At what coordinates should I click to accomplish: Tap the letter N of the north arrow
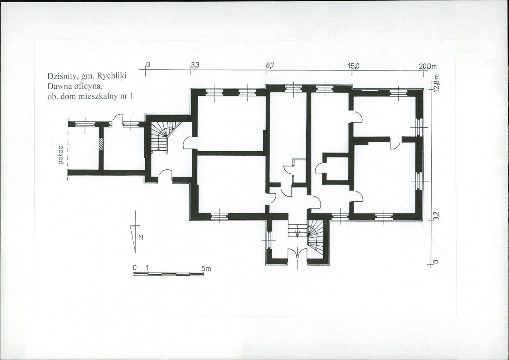pos(141,237)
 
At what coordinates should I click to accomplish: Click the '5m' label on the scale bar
pos(205,269)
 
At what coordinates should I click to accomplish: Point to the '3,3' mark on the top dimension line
pos(195,65)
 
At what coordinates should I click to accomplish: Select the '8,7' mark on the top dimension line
pos(270,65)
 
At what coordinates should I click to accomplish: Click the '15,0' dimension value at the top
pos(354,66)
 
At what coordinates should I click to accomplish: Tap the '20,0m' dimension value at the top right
pos(428,66)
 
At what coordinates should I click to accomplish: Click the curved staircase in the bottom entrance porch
pos(315,236)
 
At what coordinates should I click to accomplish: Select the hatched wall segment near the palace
pos(101,144)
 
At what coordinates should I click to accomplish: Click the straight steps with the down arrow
pos(297,230)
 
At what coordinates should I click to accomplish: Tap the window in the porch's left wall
pos(269,240)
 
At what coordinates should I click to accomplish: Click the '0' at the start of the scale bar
pos(135,268)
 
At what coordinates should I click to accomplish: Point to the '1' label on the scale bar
pos(147,268)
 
